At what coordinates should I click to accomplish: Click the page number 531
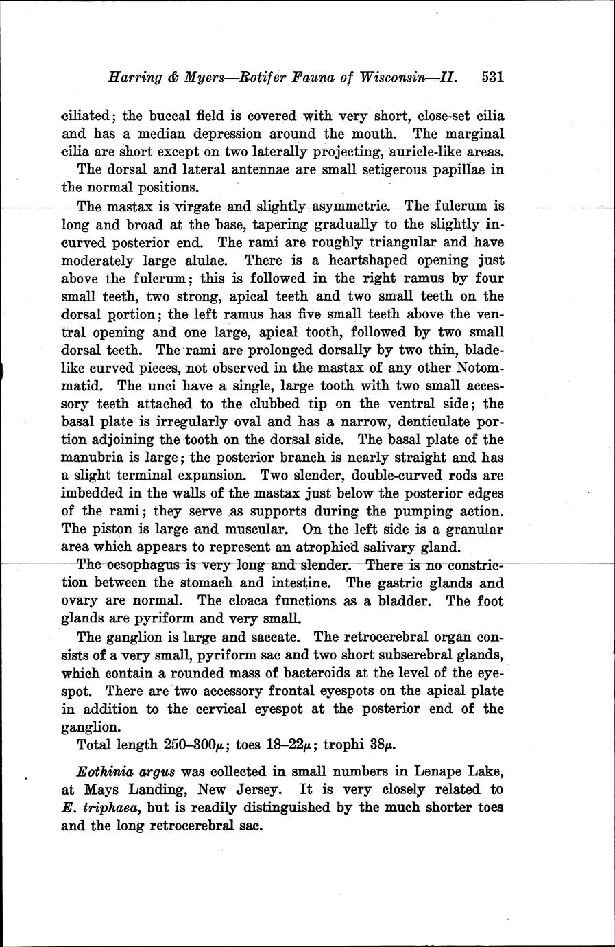492,77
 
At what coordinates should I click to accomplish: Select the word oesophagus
143,565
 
